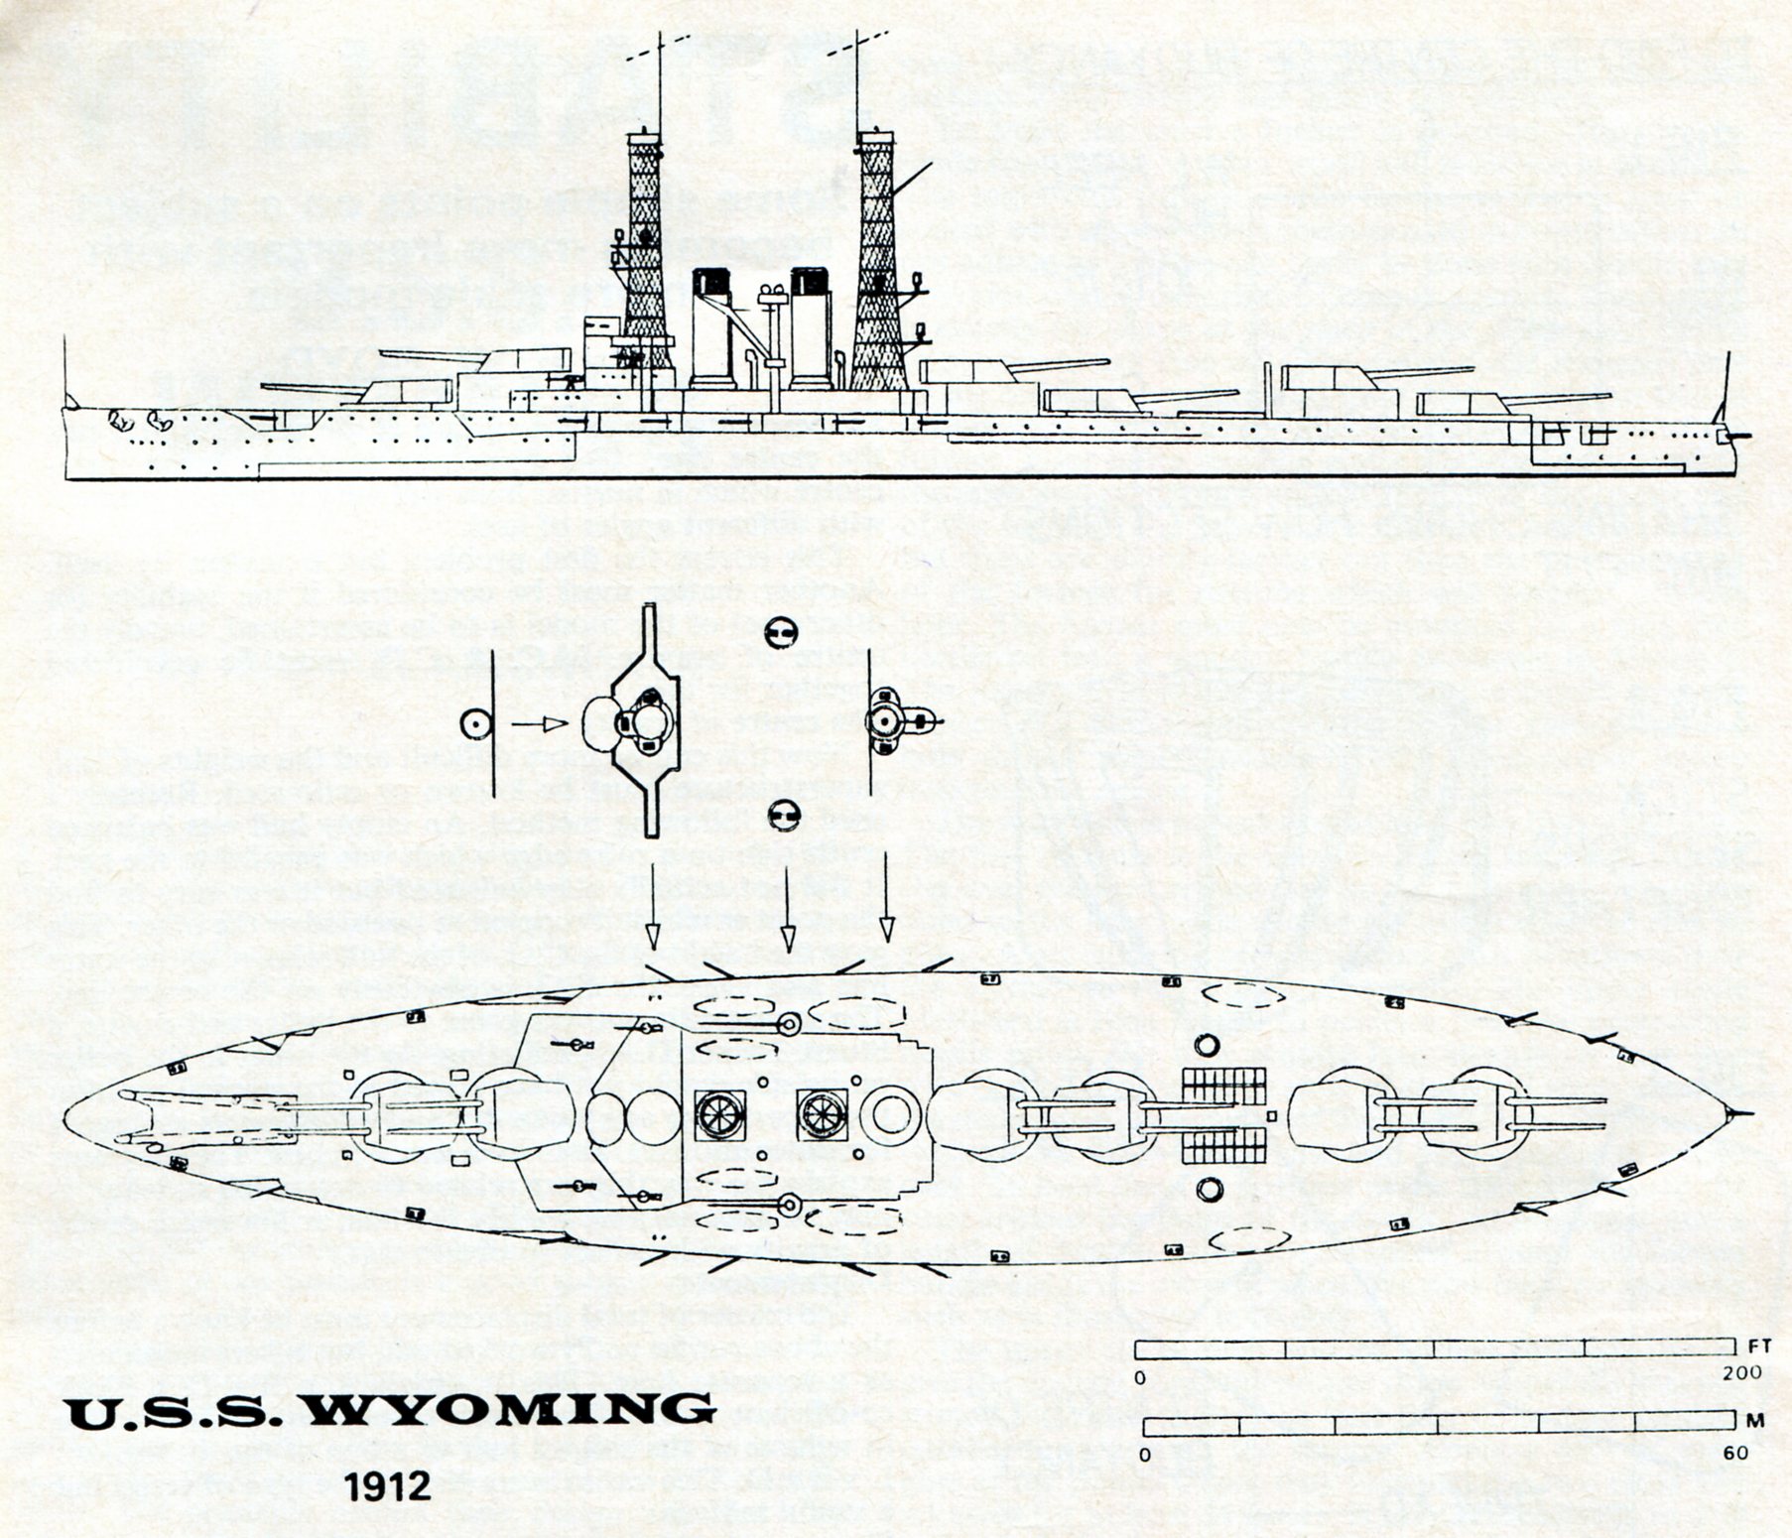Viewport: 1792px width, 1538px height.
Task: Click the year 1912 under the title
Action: (388, 1486)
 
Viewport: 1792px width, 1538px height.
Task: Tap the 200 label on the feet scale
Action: (1742, 1373)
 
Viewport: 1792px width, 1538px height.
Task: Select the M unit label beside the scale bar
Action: (1755, 1420)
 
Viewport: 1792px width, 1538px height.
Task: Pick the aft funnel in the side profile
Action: (811, 332)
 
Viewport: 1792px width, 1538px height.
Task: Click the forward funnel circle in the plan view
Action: (719, 1114)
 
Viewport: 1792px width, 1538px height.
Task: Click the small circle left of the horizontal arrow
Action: (476, 724)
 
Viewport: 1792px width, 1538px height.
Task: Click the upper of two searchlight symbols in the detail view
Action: (780, 632)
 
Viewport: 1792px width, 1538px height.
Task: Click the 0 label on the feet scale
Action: (1140, 1377)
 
